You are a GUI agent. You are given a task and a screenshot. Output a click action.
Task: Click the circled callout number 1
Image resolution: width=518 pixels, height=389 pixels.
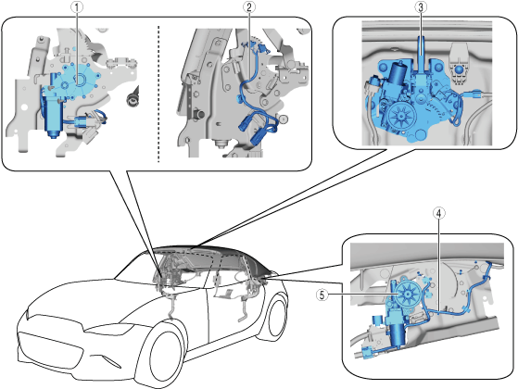click(x=77, y=7)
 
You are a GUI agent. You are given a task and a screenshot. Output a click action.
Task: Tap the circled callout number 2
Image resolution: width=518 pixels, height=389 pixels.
click(x=249, y=7)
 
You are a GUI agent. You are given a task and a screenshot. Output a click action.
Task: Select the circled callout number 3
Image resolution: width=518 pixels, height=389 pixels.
click(x=421, y=7)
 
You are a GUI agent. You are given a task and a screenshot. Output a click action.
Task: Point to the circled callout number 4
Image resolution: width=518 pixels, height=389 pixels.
click(x=439, y=213)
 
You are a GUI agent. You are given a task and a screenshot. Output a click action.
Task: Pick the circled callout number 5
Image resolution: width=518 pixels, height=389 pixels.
click(x=322, y=295)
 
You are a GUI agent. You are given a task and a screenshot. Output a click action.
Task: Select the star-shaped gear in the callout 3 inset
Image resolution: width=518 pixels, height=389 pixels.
click(x=401, y=116)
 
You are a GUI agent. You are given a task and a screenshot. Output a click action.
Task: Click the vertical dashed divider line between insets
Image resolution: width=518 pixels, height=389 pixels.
click(x=158, y=94)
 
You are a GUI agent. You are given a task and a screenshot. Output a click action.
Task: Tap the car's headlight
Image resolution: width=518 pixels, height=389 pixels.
click(x=108, y=330)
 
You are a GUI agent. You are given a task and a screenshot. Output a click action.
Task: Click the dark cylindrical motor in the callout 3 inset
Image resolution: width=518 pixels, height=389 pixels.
click(x=398, y=76)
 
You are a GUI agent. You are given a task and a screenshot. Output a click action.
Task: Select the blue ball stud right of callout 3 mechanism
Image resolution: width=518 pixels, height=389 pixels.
click(x=459, y=70)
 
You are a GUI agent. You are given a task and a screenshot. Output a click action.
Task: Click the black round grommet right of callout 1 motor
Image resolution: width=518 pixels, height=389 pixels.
click(x=133, y=98)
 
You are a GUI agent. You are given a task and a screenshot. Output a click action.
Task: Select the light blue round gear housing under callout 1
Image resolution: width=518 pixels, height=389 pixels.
click(x=78, y=81)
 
